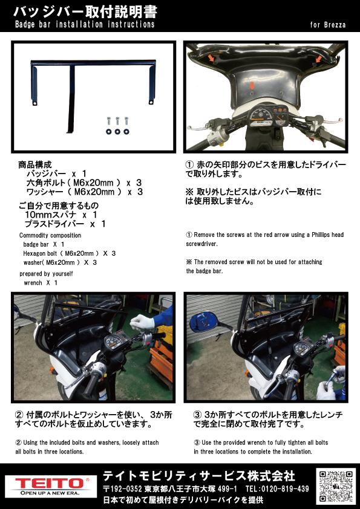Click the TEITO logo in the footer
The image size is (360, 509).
coord(51,486)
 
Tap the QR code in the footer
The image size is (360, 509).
coord(336,486)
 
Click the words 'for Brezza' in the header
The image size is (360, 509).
coord(327,25)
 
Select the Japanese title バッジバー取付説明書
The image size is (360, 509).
coord(85,12)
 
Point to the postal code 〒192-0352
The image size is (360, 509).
coord(123,489)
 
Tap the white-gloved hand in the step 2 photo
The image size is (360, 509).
coord(142,322)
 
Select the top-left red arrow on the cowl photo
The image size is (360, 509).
coord(212,58)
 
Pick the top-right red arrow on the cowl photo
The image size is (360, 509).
coord(319,59)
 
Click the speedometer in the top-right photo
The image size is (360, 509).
coord(260,117)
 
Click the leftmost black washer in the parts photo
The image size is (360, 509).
coord(108,131)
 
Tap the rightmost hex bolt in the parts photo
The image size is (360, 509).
coord(126,121)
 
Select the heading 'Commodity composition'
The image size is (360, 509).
coord(50,235)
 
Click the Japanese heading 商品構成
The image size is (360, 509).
coord(35,164)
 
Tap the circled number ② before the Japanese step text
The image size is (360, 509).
coord(19,415)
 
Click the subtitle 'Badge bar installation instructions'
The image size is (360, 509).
coord(85,25)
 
